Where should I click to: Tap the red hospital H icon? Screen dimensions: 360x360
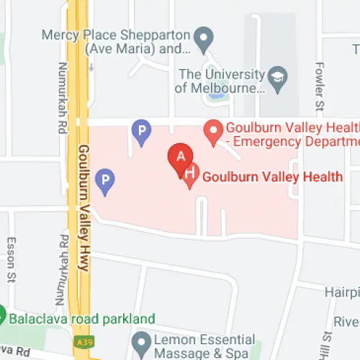[x=190, y=175]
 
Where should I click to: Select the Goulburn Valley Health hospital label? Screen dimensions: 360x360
[x=271, y=176]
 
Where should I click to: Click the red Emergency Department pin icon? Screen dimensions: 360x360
[x=212, y=131]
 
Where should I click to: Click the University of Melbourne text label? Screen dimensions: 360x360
[x=220, y=81]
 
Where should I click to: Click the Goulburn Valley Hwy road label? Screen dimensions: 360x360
[x=82, y=209]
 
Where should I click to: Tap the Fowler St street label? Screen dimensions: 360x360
[x=319, y=86]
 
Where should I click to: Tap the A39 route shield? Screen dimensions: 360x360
[x=81, y=340]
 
